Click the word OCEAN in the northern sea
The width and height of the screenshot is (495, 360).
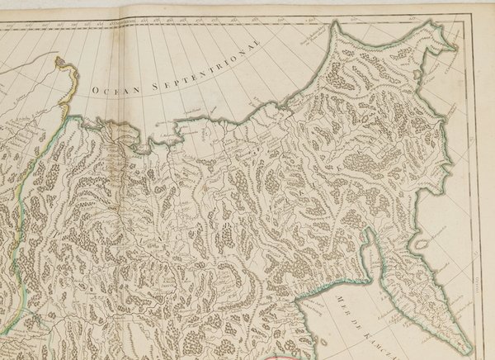point(112,88)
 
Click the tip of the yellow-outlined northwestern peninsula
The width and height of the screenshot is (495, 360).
point(60,59)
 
